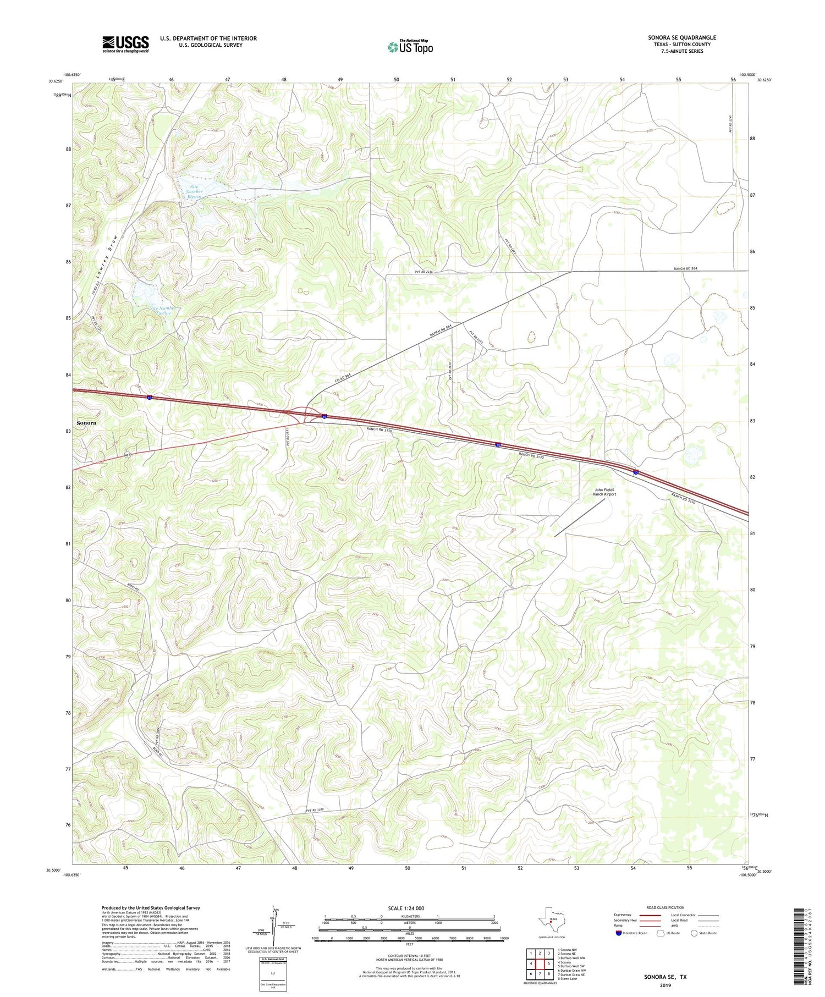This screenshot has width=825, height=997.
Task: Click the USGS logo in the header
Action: [125, 44]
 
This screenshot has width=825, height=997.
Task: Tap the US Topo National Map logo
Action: [410, 47]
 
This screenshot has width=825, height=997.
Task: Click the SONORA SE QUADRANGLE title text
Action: [681, 37]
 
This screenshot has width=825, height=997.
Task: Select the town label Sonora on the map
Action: [86, 423]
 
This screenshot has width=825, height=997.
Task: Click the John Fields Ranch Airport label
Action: [604, 492]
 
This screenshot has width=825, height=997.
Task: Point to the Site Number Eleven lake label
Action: [194, 192]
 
